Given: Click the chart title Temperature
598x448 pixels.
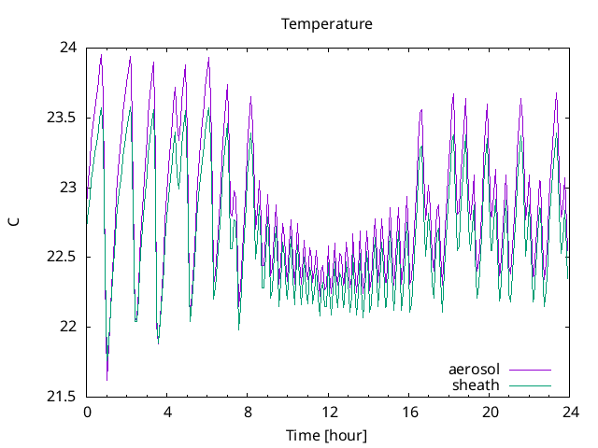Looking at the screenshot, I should point(327,23).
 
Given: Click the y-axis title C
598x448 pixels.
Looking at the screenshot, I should point(13,221).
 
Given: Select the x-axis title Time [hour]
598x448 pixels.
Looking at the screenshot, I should point(327,436).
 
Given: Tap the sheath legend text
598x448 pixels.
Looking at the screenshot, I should point(477,385).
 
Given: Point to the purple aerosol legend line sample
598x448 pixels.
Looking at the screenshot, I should point(530,370).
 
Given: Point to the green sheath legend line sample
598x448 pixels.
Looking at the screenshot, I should point(530,385).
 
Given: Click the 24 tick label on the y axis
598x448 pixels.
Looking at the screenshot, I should point(69,48).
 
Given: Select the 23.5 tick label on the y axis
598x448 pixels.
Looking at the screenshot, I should point(63,118).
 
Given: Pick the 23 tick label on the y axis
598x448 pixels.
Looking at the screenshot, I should point(69,188).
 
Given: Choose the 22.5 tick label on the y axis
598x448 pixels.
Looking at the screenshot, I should point(63,258).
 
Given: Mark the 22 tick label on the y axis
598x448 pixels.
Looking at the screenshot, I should point(69,327).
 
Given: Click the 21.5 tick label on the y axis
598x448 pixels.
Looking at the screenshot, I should point(63,397).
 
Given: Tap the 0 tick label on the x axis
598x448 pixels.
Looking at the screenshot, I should point(87,412).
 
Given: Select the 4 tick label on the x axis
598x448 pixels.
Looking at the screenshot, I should point(167,412).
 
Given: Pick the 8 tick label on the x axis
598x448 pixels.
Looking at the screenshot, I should point(249,412).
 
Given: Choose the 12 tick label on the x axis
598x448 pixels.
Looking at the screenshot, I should point(329,412).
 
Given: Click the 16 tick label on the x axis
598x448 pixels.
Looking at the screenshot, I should point(409,412).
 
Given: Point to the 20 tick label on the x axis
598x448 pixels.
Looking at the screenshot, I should point(490,412).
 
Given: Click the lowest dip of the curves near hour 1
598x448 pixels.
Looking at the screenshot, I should point(107,379).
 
